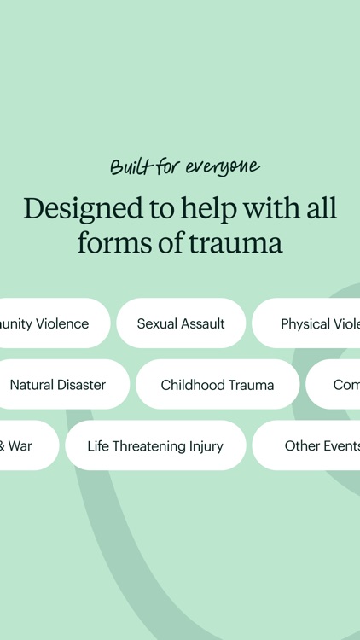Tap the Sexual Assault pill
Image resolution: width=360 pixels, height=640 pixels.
181,323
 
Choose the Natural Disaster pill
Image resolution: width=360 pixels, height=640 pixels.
58,385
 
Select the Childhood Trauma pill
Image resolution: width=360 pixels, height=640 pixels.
218,385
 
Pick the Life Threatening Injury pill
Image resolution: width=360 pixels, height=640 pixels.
155,446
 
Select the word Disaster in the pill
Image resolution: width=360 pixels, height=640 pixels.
81,385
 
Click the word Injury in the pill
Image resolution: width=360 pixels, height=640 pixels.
206,446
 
